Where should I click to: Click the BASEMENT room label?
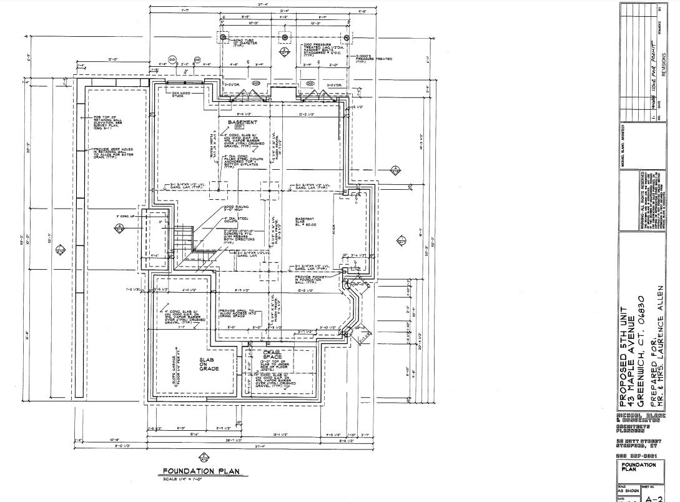click(242, 122)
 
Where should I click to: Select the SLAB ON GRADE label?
click(209, 364)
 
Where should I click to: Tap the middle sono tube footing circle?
click(284, 37)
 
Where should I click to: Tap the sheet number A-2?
click(653, 498)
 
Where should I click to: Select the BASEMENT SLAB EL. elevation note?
click(305, 223)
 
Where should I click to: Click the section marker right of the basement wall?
click(395, 170)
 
